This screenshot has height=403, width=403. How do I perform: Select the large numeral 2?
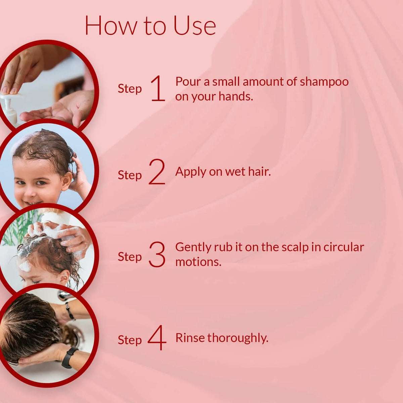(x=157, y=172)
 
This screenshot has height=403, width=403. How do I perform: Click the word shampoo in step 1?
(x=324, y=82)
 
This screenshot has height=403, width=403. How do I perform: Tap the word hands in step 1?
(x=235, y=97)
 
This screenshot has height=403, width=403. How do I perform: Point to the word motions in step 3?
(x=198, y=262)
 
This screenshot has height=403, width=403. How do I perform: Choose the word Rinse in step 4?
(x=190, y=338)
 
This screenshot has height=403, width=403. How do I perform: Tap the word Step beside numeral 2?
(x=130, y=175)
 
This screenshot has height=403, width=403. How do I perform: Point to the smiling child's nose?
(x=29, y=190)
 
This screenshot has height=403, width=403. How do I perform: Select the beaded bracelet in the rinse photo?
(x=70, y=311)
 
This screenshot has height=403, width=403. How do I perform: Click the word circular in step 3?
(x=344, y=247)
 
